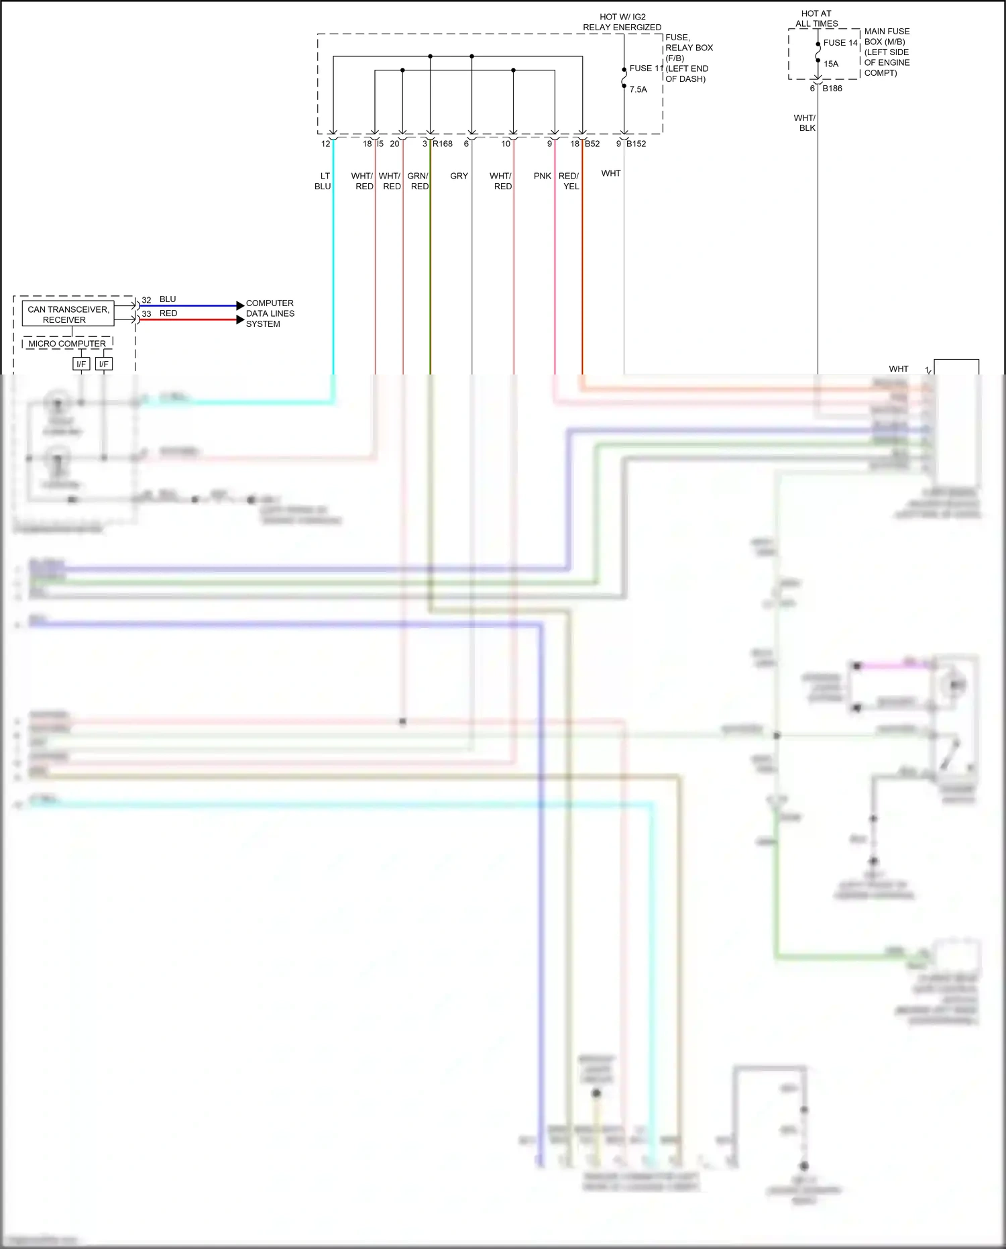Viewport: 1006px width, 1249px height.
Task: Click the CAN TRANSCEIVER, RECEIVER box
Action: (68, 314)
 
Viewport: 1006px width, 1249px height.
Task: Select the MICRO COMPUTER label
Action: (67, 344)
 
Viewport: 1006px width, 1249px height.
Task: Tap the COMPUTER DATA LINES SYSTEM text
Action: (270, 313)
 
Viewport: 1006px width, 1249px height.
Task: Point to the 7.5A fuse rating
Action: (638, 89)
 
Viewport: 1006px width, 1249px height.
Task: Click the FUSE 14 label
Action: (840, 43)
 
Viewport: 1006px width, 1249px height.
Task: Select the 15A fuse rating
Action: (831, 64)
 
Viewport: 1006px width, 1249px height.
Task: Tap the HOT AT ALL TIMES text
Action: (816, 18)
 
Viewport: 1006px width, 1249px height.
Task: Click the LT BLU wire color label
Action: (323, 181)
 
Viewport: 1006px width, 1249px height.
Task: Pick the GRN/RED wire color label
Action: (418, 181)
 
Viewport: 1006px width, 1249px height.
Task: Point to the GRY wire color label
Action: (459, 176)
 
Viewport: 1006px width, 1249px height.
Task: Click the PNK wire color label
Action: (542, 176)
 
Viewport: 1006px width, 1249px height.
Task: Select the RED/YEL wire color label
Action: (569, 181)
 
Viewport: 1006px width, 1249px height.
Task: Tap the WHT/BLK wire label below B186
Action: (805, 123)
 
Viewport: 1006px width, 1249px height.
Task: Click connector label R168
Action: (443, 144)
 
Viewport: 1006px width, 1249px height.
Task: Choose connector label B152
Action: (636, 144)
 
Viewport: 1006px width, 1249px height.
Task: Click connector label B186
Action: (832, 89)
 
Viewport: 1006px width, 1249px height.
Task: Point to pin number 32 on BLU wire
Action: (146, 300)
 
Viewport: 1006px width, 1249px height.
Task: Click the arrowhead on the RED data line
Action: (241, 319)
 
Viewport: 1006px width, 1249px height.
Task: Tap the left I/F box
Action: (81, 364)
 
